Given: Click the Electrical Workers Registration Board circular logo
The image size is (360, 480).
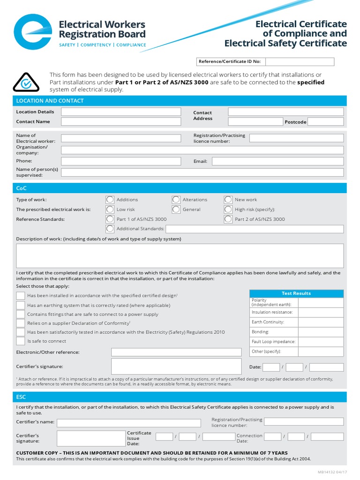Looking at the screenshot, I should click(x=32, y=32).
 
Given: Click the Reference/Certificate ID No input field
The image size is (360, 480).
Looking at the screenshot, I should click(x=300, y=62).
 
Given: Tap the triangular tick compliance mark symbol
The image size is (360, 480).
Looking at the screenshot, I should click(x=26, y=83).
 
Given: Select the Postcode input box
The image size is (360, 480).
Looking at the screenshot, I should click(x=326, y=122).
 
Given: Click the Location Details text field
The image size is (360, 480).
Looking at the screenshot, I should click(x=121, y=112).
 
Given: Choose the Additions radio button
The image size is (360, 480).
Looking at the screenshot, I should click(x=110, y=200).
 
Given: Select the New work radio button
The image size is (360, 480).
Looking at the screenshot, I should click(x=228, y=200).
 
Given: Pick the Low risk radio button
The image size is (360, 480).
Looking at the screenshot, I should click(x=110, y=210).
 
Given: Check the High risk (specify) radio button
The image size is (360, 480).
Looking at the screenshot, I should click(x=228, y=210).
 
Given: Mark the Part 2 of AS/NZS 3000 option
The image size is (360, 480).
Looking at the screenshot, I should click(x=228, y=219).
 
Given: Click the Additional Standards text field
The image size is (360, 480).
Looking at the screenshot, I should click(x=255, y=229).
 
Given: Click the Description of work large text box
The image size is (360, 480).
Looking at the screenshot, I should click(x=180, y=256).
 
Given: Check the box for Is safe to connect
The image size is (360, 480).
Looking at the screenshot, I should click(x=21, y=341).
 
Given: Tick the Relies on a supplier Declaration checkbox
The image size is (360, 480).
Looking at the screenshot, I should click(x=21, y=323).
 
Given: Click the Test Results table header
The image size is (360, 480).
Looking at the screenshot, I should click(x=296, y=293).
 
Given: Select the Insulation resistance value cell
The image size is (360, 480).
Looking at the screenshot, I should click(x=321, y=312).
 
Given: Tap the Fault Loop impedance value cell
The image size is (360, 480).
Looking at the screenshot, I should click(x=321, y=342).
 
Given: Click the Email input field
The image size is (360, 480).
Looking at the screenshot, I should click(x=277, y=161).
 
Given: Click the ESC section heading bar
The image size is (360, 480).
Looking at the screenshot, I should click(x=180, y=397).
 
